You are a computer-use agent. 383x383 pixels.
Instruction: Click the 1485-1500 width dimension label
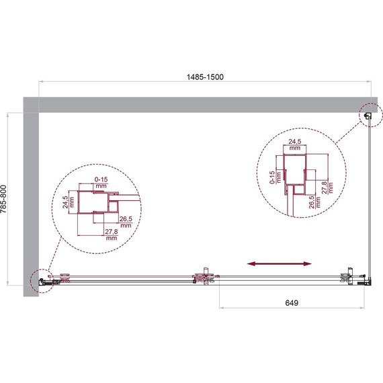[x=205, y=77]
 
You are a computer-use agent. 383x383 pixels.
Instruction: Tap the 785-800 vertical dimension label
[x=3, y=199]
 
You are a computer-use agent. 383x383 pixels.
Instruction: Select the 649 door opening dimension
[x=292, y=303]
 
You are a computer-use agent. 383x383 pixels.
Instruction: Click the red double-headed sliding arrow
[x=280, y=263]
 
